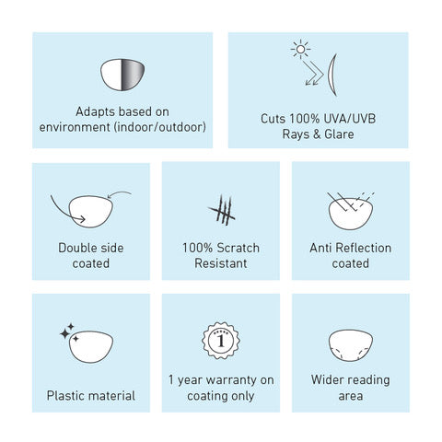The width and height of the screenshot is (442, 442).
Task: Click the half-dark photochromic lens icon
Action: coord(122,75)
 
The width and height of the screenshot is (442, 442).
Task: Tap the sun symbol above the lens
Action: coord(300,49)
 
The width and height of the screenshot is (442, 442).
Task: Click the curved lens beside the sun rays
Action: coord(331,76)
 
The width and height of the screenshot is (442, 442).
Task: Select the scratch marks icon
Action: coord(221,210)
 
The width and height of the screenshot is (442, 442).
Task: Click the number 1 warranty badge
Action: coord(221,341)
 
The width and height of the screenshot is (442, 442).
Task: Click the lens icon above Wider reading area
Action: coord(351,345)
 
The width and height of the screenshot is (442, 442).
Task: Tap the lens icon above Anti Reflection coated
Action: coord(351,214)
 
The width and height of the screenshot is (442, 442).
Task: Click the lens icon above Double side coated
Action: coord(91,212)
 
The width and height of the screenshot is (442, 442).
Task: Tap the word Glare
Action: coord(339,134)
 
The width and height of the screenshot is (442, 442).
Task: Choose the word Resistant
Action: coord(221,263)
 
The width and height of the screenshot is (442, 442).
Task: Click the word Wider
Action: coord(326,380)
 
